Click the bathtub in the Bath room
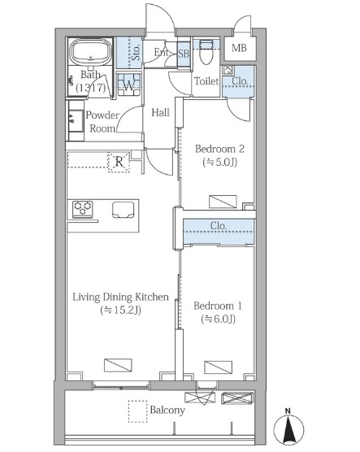click(x=90, y=52)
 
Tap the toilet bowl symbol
click(x=206, y=53)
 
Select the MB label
click(x=239, y=48)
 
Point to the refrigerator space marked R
click(x=119, y=163)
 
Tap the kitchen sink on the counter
click(x=124, y=210)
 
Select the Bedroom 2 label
click(x=219, y=149)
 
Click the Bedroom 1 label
click(x=218, y=306)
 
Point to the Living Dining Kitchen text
click(x=120, y=297)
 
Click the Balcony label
click(x=167, y=411)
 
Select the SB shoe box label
click(x=184, y=54)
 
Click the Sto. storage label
click(x=136, y=52)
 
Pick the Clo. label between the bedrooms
click(x=219, y=226)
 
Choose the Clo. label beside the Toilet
click(x=240, y=81)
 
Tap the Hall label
click(x=161, y=112)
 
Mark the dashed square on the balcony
click(x=138, y=411)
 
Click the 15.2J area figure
click(x=120, y=311)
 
